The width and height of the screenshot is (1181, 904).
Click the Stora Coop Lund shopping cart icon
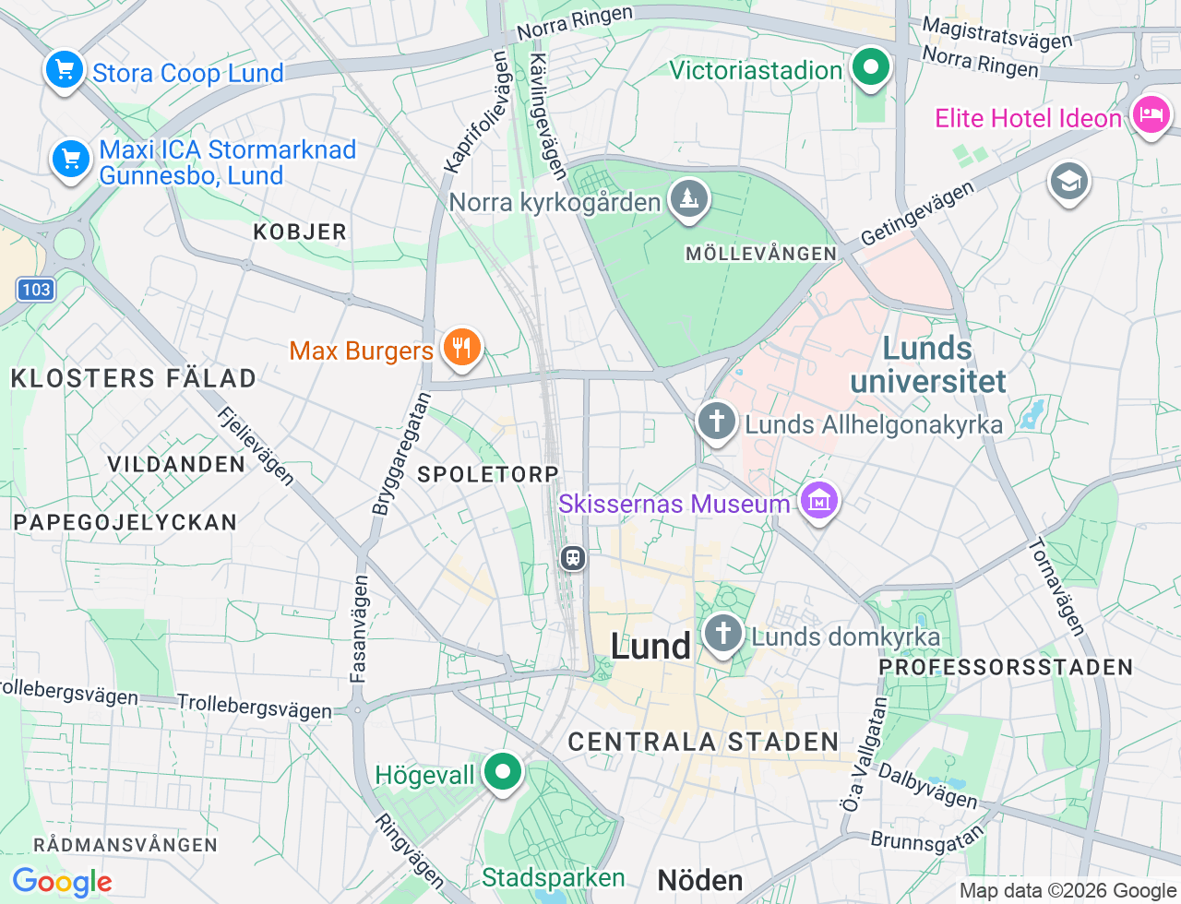(64, 70)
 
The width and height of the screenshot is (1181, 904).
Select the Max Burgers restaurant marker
(462, 348)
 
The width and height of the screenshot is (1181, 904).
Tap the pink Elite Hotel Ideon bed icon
(1151, 115)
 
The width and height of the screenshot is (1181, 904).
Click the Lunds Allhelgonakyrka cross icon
(716, 422)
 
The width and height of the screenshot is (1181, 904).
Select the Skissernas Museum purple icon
(819, 501)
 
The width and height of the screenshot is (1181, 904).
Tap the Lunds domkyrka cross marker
(722, 634)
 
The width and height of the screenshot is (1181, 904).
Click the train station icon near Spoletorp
(573, 557)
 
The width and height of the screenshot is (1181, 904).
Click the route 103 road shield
(36, 290)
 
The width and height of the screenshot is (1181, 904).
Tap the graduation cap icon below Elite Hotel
(1068, 182)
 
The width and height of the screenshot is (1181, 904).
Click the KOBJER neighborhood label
(300, 232)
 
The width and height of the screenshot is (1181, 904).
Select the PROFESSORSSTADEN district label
(1006, 667)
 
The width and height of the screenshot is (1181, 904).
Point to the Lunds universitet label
(928, 364)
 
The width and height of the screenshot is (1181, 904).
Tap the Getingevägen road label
(917, 214)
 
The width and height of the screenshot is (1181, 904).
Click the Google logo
(62, 882)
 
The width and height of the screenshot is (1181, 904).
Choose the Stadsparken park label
(553, 877)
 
